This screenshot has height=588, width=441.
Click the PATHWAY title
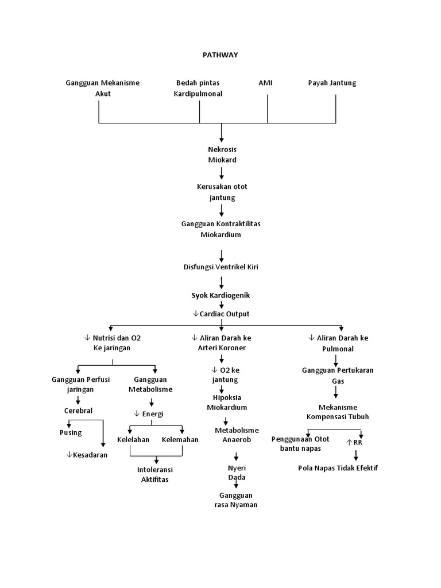220,55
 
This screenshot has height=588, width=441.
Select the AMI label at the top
265,83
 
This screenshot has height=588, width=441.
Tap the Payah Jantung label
332,83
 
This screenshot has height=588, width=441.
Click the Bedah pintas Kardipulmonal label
198,88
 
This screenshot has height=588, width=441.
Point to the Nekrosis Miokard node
222,154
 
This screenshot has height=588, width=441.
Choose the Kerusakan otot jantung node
222,192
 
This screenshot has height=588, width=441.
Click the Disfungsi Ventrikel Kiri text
221,266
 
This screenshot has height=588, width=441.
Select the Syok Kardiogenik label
221,295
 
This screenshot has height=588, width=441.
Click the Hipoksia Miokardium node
227,403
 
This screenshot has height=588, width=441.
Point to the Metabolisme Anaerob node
237,435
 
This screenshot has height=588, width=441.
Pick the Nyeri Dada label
237,473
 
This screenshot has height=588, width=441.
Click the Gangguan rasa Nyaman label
235,500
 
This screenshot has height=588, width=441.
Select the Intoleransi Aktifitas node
155,474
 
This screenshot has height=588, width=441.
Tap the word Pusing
71,432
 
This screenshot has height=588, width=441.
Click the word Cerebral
78,411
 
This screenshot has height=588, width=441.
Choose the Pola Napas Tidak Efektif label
338,467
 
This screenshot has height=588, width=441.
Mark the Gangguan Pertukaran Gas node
338,376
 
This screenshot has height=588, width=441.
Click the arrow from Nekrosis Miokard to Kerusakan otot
222,173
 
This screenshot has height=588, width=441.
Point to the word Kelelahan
133,440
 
